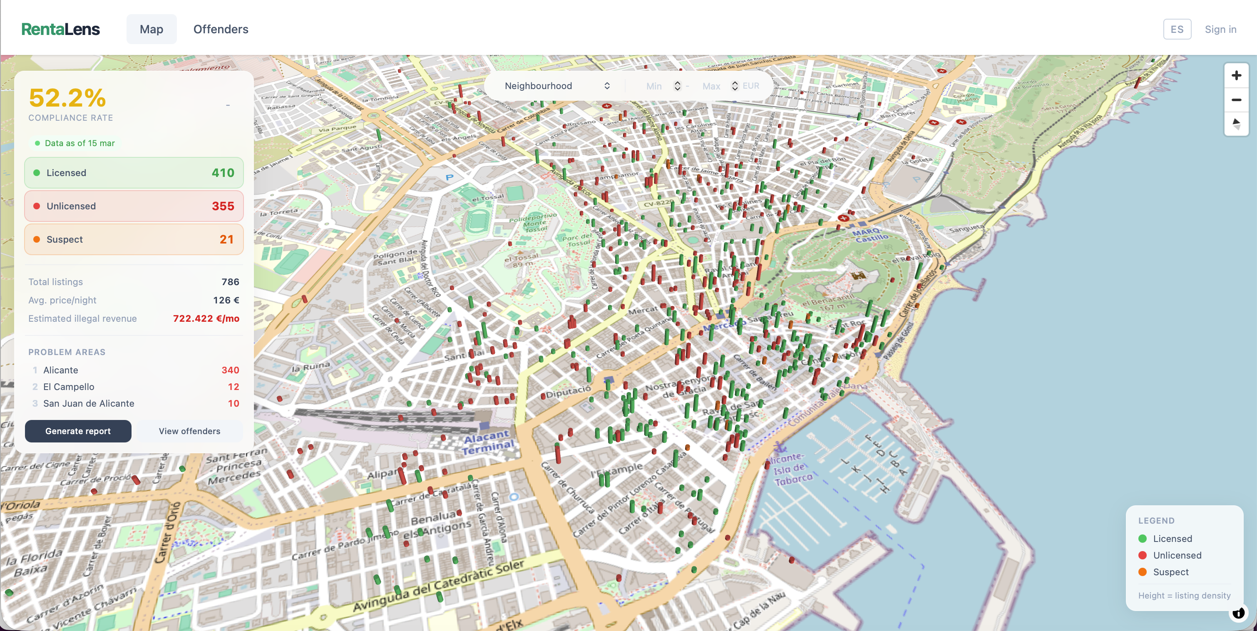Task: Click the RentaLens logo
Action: pyautogui.click(x=60, y=29)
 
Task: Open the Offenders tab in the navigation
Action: pyautogui.click(x=221, y=29)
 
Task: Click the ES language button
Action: pyautogui.click(x=1177, y=29)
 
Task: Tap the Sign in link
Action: pyautogui.click(x=1220, y=29)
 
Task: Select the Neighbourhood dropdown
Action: pyautogui.click(x=556, y=86)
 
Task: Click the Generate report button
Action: pyautogui.click(x=78, y=431)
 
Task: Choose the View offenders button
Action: pyautogui.click(x=189, y=431)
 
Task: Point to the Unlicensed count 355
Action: pyautogui.click(x=223, y=206)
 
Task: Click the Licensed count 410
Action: pyautogui.click(x=223, y=173)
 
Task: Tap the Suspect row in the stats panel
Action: pyautogui.click(x=134, y=239)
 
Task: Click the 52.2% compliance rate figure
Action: pyautogui.click(x=67, y=98)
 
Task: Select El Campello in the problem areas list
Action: pyautogui.click(x=69, y=387)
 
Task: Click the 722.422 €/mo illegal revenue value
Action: pyautogui.click(x=206, y=318)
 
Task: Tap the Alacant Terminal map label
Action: pyautogui.click(x=488, y=442)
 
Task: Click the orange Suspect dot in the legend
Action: pyautogui.click(x=1142, y=572)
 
